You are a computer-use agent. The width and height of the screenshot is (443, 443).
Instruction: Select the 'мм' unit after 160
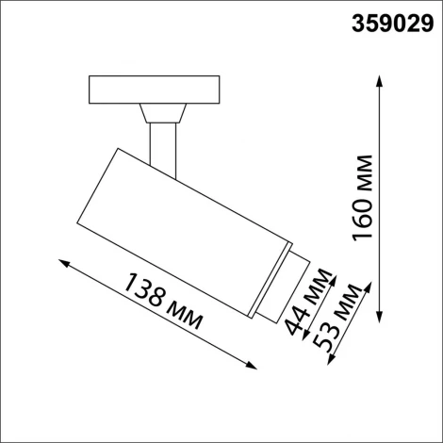(x=364, y=172)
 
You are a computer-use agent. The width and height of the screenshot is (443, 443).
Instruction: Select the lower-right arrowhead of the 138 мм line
(x=256, y=366)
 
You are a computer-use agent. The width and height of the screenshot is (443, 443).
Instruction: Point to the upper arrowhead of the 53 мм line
(x=361, y=282)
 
